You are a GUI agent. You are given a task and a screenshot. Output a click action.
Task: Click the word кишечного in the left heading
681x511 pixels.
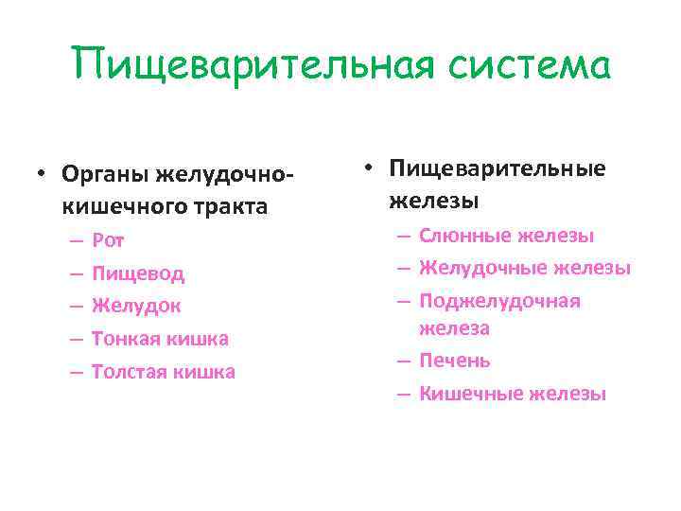pos(120,205)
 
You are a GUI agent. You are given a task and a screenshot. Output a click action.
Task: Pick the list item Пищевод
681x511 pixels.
pos(138,274)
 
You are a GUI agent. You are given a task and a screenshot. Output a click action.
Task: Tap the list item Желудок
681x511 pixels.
pos(136,307)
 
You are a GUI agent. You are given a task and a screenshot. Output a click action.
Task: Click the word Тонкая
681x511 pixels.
pos(127,339)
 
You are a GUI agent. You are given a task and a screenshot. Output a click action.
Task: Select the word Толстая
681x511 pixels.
pos(130,372)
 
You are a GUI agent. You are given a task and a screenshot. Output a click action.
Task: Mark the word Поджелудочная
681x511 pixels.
pos(499,301)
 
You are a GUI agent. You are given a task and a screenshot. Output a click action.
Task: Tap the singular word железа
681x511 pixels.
pos(454,328)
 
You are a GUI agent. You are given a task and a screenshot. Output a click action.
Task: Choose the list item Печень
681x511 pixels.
pos(454,361)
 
